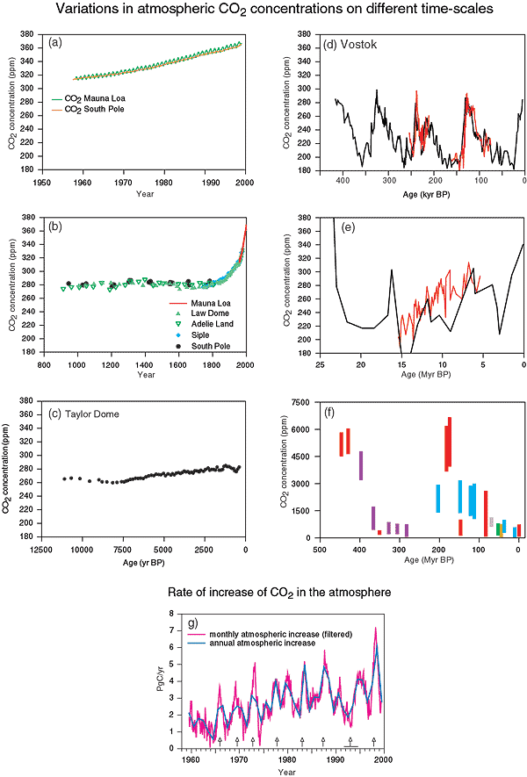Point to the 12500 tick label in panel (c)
pos(41,549)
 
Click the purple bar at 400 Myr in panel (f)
pos(361,463)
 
